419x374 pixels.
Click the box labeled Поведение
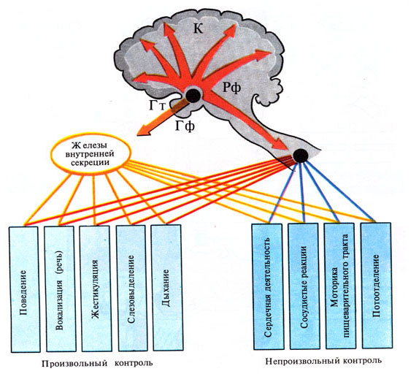(x=24, y=289)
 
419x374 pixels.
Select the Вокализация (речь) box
(x=60, y=289)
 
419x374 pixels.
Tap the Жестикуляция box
(x=96, y=289)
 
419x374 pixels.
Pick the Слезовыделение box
(x=131, y=288)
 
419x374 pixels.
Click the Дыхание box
(x=167, y=287)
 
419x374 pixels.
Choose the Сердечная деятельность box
(x=268, y=286)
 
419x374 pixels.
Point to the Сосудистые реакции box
(x=304, y=286)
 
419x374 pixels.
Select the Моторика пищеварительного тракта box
(x=340, y=286)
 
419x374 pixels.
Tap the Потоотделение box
(x=377, y=285)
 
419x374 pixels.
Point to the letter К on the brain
(x=198, y=28)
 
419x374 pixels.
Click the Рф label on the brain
(x=232, y=87)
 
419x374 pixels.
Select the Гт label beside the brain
(x=157, y=104)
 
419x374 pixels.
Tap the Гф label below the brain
(x=185, y=126)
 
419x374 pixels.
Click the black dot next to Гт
(x=193, y=96)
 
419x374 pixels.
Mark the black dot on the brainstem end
(x=301, y=156)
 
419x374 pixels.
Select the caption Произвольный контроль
(x=97, y=363)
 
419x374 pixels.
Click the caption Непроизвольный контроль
(x=323, y=361)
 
